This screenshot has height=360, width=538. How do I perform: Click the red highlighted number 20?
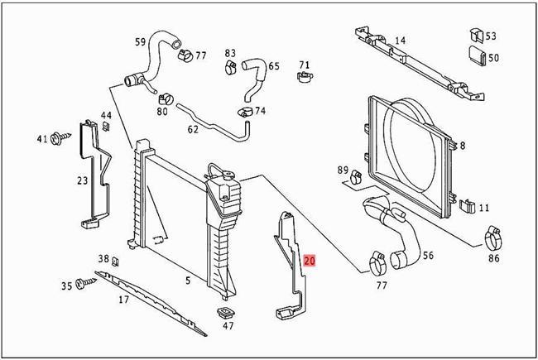[310, 260]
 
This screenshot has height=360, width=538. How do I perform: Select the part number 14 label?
[400, 41]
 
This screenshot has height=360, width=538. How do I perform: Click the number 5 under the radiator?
[188, 281]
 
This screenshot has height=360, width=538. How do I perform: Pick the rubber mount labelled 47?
[223, 315]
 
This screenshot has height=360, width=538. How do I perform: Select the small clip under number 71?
[304, 79]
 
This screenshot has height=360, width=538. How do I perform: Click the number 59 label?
[140, 41]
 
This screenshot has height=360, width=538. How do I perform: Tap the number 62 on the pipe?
[193, 129]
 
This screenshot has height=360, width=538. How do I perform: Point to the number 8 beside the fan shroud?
[462, 145]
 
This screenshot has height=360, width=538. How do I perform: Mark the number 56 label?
[428, 256]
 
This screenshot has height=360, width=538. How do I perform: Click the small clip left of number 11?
[466, 206]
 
